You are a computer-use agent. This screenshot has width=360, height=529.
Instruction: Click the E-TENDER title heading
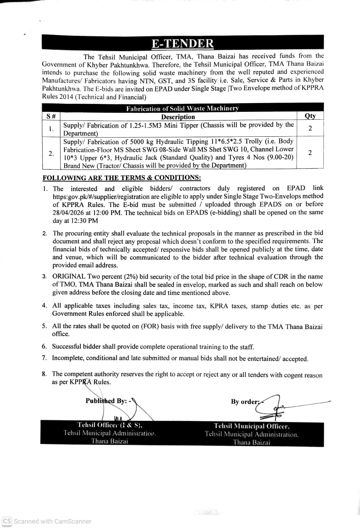tap(183, 44)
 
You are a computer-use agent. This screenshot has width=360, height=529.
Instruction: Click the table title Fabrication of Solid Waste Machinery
tap(183, 109)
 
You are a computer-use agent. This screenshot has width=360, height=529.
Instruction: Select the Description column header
tap(178, 117)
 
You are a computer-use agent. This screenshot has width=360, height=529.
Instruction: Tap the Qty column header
tap(310, 116)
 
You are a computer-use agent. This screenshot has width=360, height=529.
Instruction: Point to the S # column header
tap(51, 116)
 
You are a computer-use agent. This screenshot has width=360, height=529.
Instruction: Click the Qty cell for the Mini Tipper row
tap(310, 128)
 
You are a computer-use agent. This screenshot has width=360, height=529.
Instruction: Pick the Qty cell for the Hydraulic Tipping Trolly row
tap(310, 153)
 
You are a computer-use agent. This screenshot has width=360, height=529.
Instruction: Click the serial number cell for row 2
tap(51, 153)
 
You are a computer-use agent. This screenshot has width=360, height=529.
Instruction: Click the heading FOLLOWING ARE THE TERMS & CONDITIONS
tap(122, 178)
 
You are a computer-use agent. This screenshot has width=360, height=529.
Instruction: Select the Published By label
tap(106, 401)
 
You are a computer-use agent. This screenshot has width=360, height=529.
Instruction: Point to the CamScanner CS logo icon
tap(7, 521)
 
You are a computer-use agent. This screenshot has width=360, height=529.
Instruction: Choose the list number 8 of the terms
tap(44, 374)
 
